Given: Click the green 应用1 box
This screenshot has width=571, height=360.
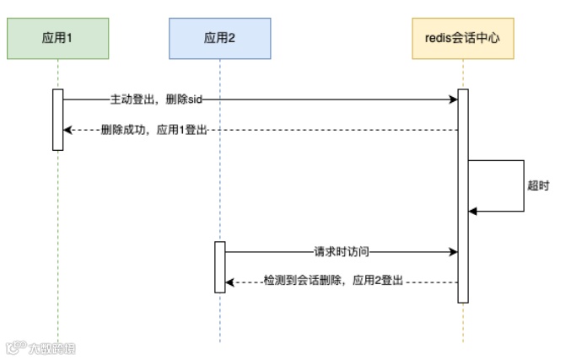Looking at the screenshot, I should tap(58, 38).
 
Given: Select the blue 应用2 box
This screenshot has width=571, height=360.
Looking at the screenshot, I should tap(219, 38).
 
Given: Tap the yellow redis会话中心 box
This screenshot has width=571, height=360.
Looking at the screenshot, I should tap(462, 38).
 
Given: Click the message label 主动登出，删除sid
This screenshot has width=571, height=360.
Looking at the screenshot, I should tap(156, 99).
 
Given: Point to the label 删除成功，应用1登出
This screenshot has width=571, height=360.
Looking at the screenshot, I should tap(154, 130).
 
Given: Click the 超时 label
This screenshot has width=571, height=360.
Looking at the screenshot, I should tap(538, 185).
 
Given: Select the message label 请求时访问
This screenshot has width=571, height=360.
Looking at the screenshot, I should tap(342, 251).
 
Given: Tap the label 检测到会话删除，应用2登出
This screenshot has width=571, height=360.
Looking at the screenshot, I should tap(336, 282).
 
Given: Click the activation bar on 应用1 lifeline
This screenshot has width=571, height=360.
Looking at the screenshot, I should tap(58, 119).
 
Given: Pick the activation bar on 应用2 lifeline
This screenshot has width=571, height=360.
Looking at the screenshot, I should tap(219, 266).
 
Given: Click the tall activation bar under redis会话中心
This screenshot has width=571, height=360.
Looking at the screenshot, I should tap(462, 195).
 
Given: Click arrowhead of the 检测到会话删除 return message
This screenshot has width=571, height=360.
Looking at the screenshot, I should tap(230, 282).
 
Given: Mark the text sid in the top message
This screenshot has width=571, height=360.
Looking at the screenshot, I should tap(195, 99).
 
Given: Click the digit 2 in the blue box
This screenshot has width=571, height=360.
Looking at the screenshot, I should tap(232, 38).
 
